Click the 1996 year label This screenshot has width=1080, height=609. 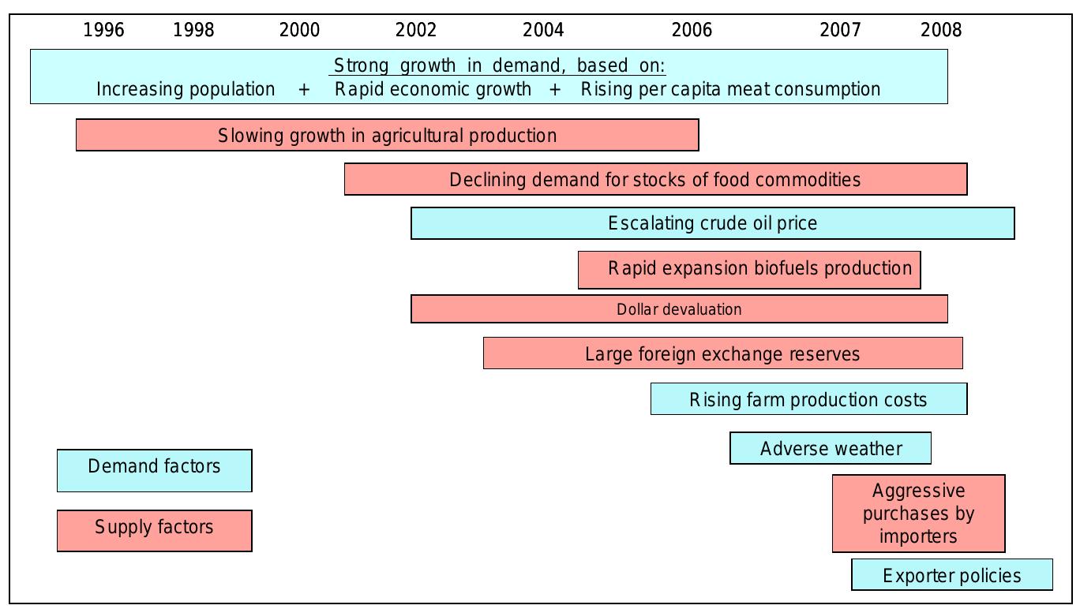coord(103,30)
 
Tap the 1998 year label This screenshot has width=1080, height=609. coord(193,30)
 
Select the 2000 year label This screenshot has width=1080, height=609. coord(299,30)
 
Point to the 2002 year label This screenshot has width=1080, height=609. coord(415,30)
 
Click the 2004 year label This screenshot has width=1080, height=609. coord(543,30)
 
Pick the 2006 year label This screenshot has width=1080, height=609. coord(691,30)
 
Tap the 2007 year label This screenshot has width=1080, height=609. coord(840,30)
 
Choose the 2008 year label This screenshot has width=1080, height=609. coord(941,30)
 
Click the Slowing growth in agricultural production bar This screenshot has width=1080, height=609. coord(387,135)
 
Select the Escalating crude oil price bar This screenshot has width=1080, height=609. coord(712,223)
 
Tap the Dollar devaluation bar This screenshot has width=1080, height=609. coord(679,309)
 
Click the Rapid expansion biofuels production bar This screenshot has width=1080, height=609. coord(748,269)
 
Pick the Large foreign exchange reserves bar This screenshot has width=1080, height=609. coord(722,353)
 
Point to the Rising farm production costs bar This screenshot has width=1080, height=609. coord(808,399)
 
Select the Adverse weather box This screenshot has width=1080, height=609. coord(831,448)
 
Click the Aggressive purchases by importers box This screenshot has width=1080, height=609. coord(918,514)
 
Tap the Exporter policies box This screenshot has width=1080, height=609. coord(951,575)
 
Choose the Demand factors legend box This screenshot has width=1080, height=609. coord(154,470)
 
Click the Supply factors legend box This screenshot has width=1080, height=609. coord(154,530)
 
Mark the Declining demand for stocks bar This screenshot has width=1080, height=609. coord(655,179)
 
